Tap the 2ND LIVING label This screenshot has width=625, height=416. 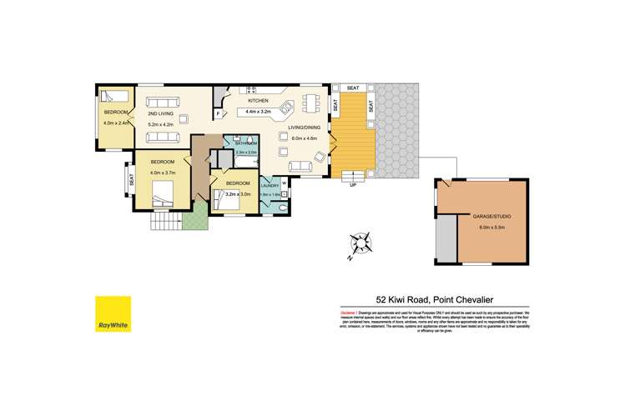160,113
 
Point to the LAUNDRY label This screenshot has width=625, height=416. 270,185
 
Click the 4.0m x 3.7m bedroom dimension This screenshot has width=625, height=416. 163,172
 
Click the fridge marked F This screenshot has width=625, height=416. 219,112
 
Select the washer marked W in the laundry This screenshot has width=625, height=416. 285,182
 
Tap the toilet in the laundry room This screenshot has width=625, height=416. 284,208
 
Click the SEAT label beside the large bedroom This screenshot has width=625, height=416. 131,178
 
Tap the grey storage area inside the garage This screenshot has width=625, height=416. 446,238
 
